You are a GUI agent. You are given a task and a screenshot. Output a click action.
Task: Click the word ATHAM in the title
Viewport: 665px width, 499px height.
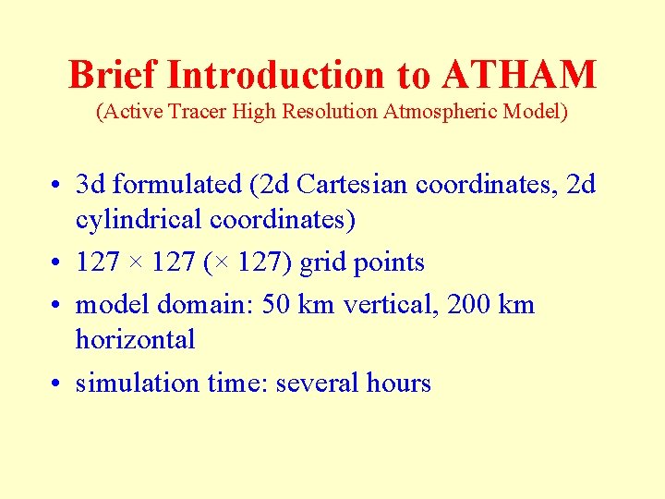520,75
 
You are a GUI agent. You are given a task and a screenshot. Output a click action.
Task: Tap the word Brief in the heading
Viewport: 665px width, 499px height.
113,75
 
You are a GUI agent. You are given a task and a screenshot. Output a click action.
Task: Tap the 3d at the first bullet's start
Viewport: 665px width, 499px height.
92,185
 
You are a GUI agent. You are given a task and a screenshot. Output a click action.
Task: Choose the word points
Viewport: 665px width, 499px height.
388,262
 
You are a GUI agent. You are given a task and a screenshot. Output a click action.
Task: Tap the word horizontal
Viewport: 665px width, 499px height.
135,340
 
